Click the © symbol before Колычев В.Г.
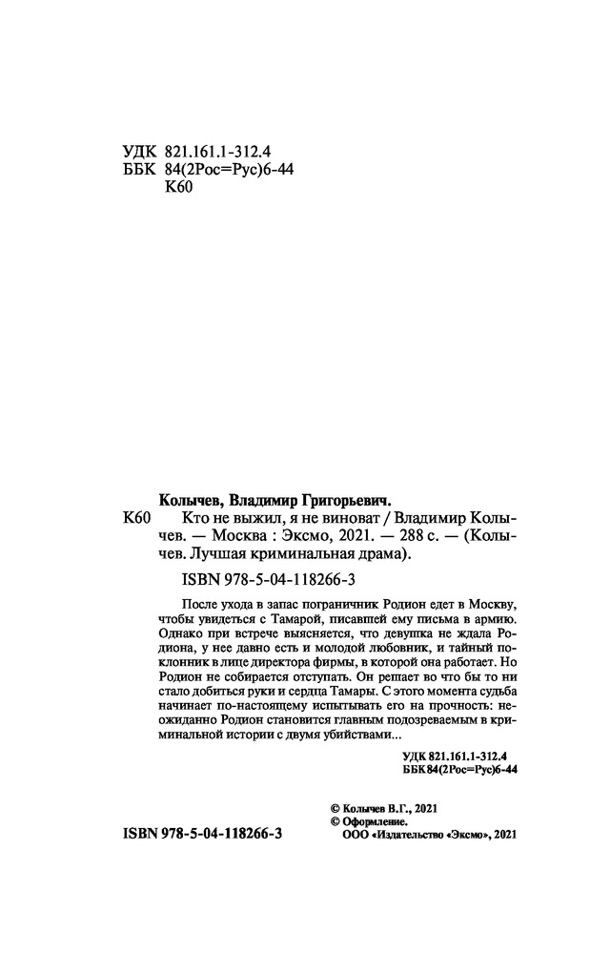(333, 807)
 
